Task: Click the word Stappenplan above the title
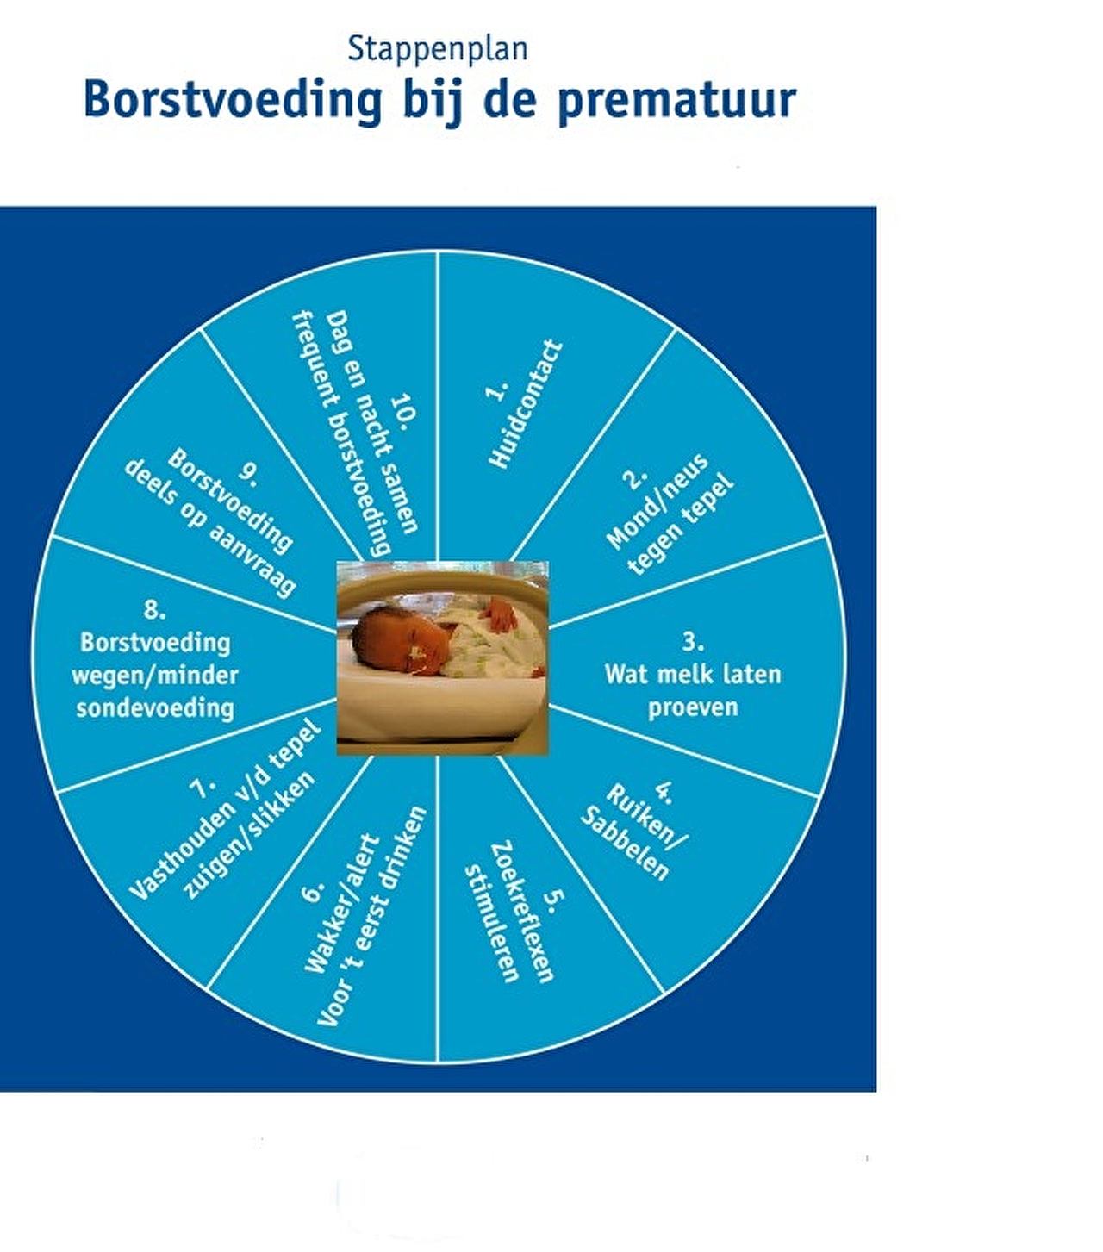click(x=438, y=49)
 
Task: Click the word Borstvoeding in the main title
click(x=233, y=101)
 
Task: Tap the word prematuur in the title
click(x=676, y=101)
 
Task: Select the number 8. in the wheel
click(x=155, y=611)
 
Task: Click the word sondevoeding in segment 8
click(x=155, y=708)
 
